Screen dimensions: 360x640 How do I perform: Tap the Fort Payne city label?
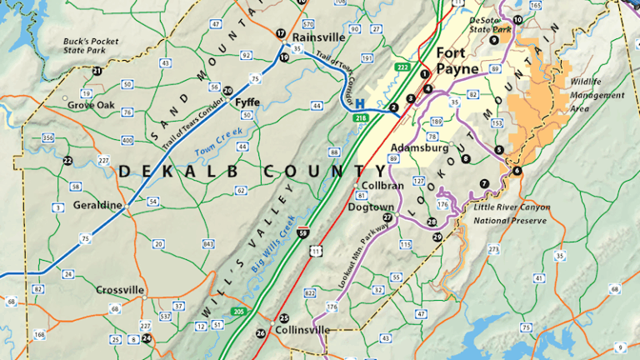(x=457, y=59)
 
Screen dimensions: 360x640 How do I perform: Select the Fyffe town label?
(x=247, y=102)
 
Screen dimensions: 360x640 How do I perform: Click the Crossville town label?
(x=120, y=290)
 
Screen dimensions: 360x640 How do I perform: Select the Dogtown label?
(x=371, y=206)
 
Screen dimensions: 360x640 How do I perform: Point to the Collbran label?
(x=382, y=185)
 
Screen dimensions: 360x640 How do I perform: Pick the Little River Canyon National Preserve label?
(x=510, y=213)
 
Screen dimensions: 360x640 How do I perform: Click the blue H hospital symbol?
(x=361, y=105)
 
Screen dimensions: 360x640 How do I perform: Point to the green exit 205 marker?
(x=239, y=312)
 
